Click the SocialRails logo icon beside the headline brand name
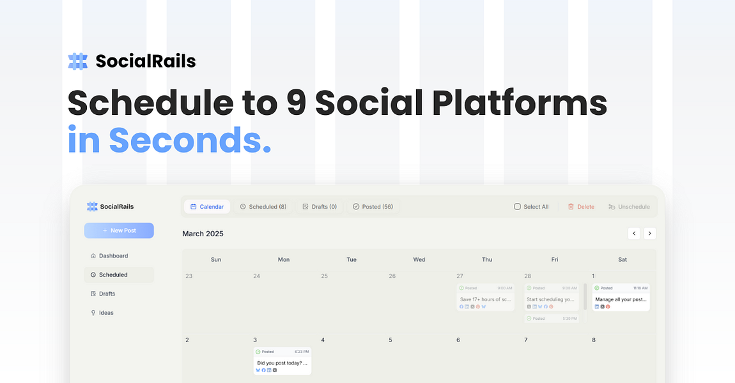78,61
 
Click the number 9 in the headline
297,102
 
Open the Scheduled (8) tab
263,207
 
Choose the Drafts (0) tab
320,207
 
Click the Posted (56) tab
373,207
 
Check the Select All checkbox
517,207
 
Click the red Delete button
581,207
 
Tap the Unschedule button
629,207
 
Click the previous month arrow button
634,234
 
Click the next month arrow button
649,234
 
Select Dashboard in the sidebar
113,256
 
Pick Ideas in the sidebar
105,313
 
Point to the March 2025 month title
203,234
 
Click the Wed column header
419,260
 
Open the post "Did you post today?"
282,363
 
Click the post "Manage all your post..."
621,299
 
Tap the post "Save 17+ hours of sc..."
486,299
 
